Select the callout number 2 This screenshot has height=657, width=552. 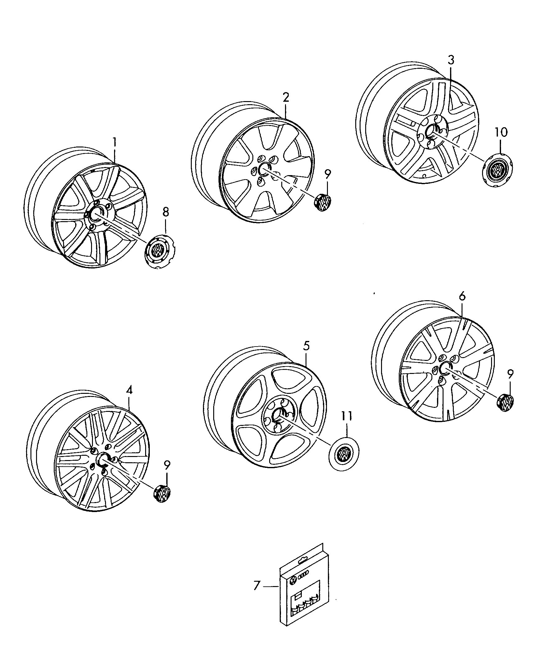(286, 98)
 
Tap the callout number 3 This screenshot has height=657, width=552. (451, 60)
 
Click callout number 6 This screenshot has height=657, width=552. (462, 296)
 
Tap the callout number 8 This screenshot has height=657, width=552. (166, 212)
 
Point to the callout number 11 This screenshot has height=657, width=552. (347, 416)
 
